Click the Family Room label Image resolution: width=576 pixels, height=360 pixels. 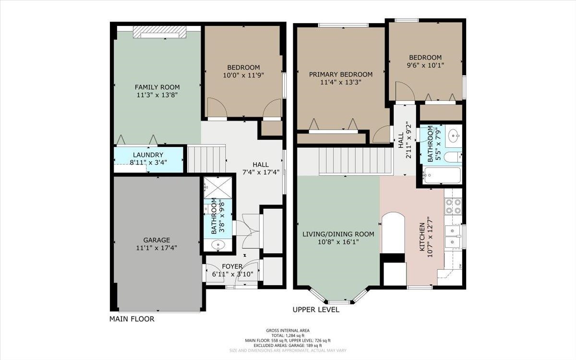(157, 87)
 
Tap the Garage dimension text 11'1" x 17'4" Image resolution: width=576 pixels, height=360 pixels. (156, 248)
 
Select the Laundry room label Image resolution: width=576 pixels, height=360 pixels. (148, 155)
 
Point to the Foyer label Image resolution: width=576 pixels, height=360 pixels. (232, 266)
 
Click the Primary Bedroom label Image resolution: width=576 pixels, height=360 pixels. (341, 74)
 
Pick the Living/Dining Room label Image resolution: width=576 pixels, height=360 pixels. (338, 234)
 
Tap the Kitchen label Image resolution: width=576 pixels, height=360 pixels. (422, 237)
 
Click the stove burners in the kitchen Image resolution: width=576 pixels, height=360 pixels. (453, 206)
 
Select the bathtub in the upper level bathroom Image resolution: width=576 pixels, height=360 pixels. (442, 175)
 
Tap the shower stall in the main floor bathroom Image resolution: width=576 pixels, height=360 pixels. (218, 188)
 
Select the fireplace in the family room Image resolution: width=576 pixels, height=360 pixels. (160, 32)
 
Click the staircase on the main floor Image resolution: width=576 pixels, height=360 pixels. (206, 159)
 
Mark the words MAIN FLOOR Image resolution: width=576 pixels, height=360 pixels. (132, 319)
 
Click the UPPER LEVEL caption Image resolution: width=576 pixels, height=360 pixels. (316, 310)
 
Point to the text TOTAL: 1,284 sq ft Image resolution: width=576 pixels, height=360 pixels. (288, 336)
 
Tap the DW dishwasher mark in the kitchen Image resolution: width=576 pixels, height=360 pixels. (460, 266)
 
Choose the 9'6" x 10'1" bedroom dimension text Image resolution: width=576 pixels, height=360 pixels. (425, 65)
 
